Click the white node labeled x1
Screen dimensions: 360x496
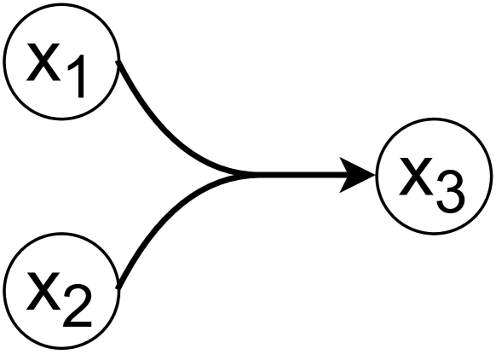coord(60,63)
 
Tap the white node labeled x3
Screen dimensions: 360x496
coord(434,177)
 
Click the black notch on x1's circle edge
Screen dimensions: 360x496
coord(115,62)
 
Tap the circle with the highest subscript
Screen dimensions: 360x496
coord(434,177)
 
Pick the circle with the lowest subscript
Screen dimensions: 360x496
coord(60,63)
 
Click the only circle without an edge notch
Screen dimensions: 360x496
coord(434,177)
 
